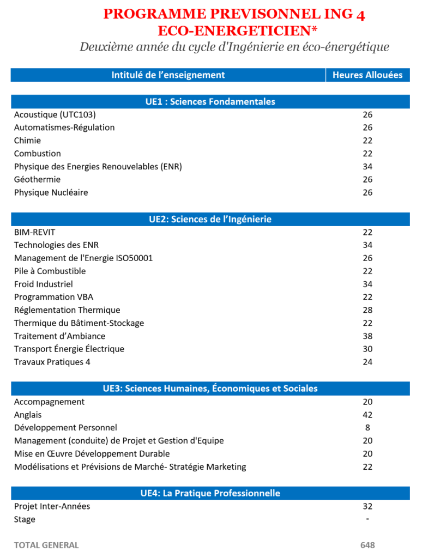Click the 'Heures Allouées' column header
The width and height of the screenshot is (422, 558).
click(x=367, y=75)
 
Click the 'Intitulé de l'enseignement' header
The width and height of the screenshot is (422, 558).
click(x=168, y=75)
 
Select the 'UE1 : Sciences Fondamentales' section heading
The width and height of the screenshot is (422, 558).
click(x=210, y=101)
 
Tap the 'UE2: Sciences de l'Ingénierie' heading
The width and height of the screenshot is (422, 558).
click(x=210, y=219)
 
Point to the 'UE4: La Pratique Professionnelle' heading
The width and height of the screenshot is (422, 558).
click(x=210, y=493)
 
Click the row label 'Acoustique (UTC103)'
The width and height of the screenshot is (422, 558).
click(x=55, y=114)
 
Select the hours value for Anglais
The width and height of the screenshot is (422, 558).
click(x=367, y=415)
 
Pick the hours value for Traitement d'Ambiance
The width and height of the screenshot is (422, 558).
click(x=367, y=336)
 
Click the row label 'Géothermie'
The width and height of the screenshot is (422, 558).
click(x=37, y=179)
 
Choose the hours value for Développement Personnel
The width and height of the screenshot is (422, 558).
click(x=367, y=428)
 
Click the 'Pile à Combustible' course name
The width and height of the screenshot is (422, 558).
click(x=50, y=271)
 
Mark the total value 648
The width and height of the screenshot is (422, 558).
click(x=367, y=545)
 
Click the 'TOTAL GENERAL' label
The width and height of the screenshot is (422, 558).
click(x=46, y=545)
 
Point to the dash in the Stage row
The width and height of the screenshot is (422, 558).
click(x=367, y=519)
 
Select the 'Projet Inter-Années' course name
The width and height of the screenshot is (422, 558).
click(x=52, y=506)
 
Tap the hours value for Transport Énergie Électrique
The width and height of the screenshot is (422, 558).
click(x=367, y=349)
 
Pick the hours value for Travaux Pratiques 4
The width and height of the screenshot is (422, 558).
click(x=367, y=362)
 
